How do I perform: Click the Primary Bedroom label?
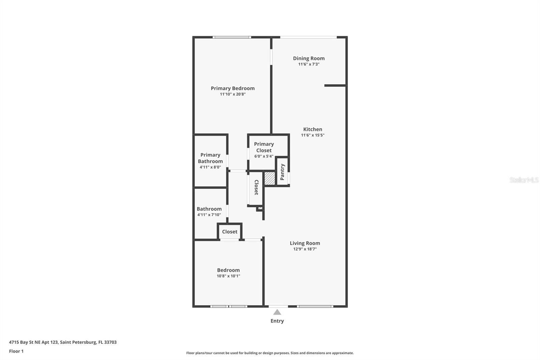(233, 88)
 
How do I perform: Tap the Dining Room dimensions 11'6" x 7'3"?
(308, 64)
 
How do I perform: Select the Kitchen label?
(313, 129)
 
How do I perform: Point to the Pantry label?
(282, 172)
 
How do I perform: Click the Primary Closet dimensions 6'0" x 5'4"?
(264, 156)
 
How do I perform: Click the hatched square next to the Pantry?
(270, 178)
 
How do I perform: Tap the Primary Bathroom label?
(210, 158)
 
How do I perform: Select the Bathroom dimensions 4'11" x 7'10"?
(209, 215)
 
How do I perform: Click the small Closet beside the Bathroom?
(230, 232)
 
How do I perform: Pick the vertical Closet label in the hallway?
(256, 187)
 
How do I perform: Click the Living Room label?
(305, 243)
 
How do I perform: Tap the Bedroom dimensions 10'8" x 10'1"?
(228, 276)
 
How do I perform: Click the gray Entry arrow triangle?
(277, 312)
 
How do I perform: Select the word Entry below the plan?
(277, 321)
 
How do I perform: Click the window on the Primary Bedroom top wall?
(232, 37)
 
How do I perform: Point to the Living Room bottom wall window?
(315, 306)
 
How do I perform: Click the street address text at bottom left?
(63, 342)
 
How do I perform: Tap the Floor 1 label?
(16, 351)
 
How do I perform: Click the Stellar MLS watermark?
(524, 180)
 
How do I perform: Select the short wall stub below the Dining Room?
(335, 85)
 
